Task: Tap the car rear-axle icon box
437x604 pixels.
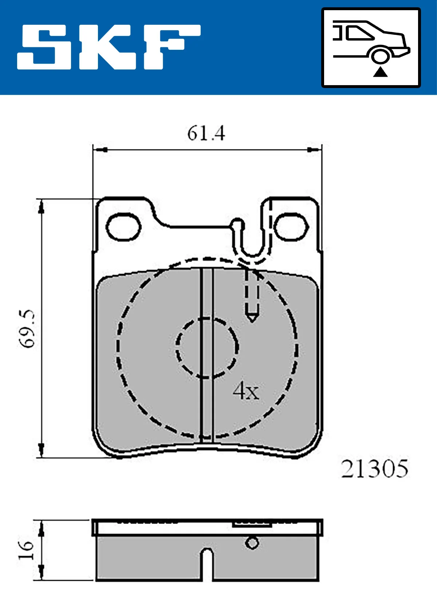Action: [x=371, y=48]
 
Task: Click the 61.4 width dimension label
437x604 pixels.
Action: [x=206, y=133]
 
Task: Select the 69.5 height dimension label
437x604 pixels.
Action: [x=28, y=329]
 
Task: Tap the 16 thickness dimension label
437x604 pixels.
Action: [x=26, y=550]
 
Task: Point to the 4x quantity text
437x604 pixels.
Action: [x=246, y=391]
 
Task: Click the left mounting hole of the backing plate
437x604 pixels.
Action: [x=123, y=227]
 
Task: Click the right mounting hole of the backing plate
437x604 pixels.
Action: [x=291, y=227]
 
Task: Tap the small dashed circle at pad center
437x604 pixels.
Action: [x=207, y=347]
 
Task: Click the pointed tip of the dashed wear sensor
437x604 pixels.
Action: [x=252, y=319]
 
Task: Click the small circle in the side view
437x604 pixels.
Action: [x=252, y=543]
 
